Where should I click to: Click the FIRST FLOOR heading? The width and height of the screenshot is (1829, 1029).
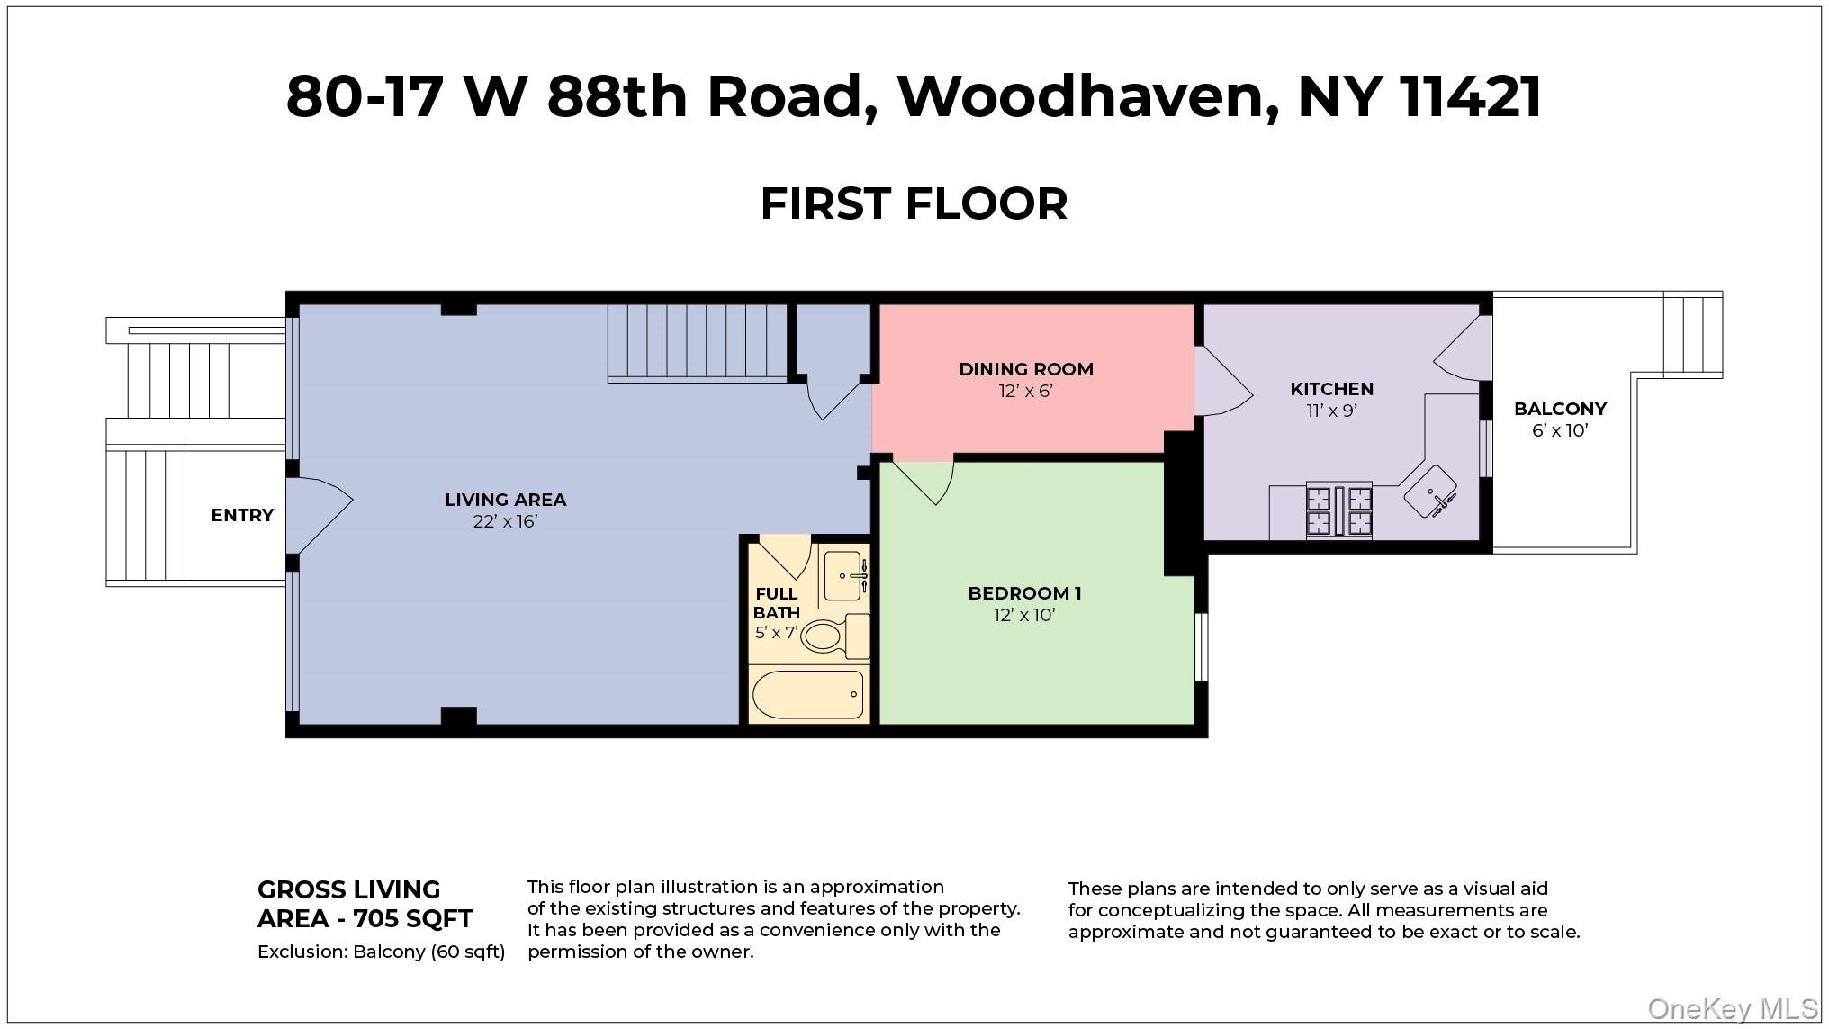point(914,203)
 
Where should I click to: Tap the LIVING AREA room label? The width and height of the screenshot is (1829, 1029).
point(505,500)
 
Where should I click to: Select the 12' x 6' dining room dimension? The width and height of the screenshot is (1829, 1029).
point(1025,392)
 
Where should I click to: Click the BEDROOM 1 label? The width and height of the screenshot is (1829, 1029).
point(1024,593)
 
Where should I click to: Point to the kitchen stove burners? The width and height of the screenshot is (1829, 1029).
point(1339,510)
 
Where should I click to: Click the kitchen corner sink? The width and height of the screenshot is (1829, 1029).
point(1431,492)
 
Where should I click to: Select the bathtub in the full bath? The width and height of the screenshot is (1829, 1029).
point(807,694)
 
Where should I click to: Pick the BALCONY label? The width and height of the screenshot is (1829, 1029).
point(1560,409)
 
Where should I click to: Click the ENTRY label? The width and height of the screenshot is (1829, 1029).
point(242,515)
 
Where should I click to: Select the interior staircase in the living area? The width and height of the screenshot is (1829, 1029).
point(698,342)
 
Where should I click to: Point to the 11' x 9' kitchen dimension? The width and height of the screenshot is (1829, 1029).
point(1331,411)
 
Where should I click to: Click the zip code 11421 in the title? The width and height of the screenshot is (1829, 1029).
point(1470,97)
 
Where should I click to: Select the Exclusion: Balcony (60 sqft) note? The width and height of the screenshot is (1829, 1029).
point(381,952)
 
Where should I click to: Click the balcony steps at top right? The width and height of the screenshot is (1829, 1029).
point(1692,334)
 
